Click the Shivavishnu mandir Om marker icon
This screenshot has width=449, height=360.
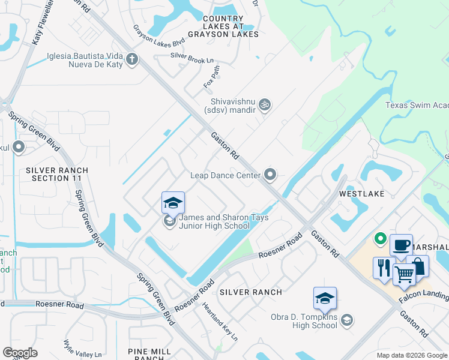coord(265,105)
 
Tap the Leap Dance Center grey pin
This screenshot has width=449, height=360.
coord(271,175)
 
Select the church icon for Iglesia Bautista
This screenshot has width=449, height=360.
coord(132,59)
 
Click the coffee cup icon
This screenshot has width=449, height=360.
coord(400,245)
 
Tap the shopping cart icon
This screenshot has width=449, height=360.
coord(404,275)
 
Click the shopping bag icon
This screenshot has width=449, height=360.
coord(419,266)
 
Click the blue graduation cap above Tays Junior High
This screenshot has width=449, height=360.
coord(173,202)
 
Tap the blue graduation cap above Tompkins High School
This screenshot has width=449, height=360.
coord(325,298)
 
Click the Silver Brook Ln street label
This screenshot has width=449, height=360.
coord(192,56)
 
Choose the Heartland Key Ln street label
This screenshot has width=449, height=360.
coord(220,322)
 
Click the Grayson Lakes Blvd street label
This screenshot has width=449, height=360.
coord(158,36)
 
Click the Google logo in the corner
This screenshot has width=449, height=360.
coord(20,352)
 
